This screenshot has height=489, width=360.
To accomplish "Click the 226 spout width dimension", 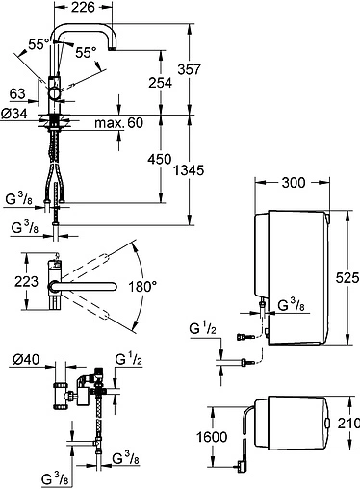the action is pyautogui.click(x=83, y=7).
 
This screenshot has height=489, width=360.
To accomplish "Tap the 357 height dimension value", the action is pyautogui.click(x=190, y=69).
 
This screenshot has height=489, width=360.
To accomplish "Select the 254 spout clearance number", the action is pyautogui.click(x=160, y=83).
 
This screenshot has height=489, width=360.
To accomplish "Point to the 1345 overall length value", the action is pyautogui.click(x=189, y=170).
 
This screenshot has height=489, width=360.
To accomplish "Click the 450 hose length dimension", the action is pyautogui.click(x=160, y=159).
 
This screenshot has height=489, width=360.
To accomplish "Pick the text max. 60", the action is pyautogui.click(x=118, y=123).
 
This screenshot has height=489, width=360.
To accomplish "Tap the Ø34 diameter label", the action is pyautogui.click(x=14, y=114).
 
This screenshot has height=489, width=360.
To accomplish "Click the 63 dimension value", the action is pyautogui.click(x=17, y=94).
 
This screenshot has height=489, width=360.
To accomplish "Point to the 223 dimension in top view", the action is pyautogui.click(x=26, y=281).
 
